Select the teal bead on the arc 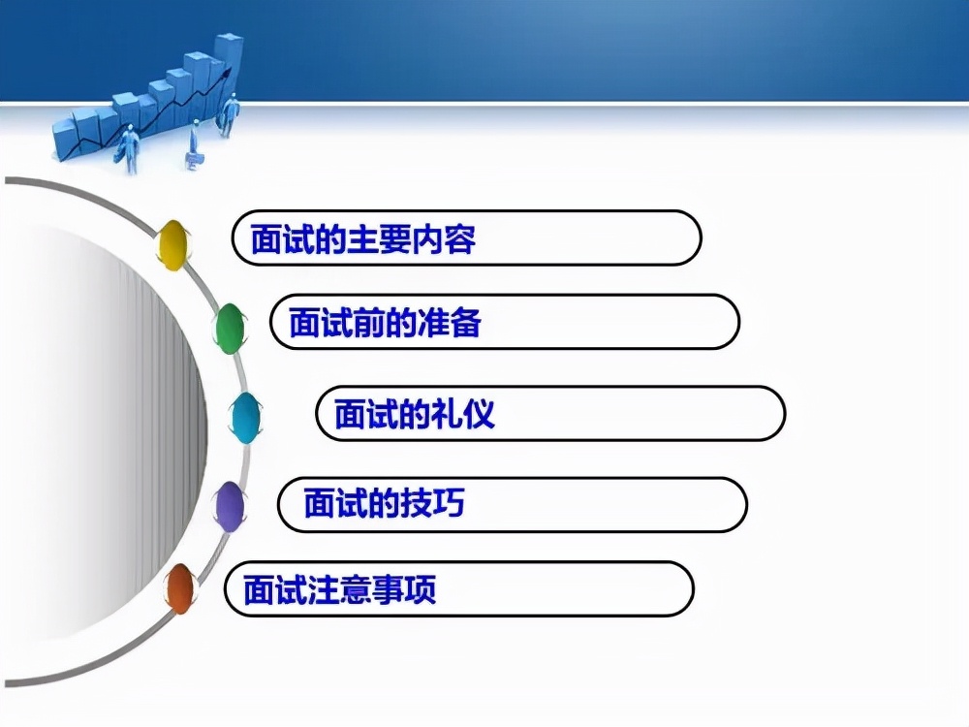pos(245,418)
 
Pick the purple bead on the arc pos(230,506)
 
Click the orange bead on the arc pos(179,588)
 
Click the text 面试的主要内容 pos(363,238)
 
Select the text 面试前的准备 pos(385,322)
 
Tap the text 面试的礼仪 pos(414,414)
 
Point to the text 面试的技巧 pos(384,504)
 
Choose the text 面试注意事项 pos(339,588)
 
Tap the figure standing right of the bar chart pos(230,114)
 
